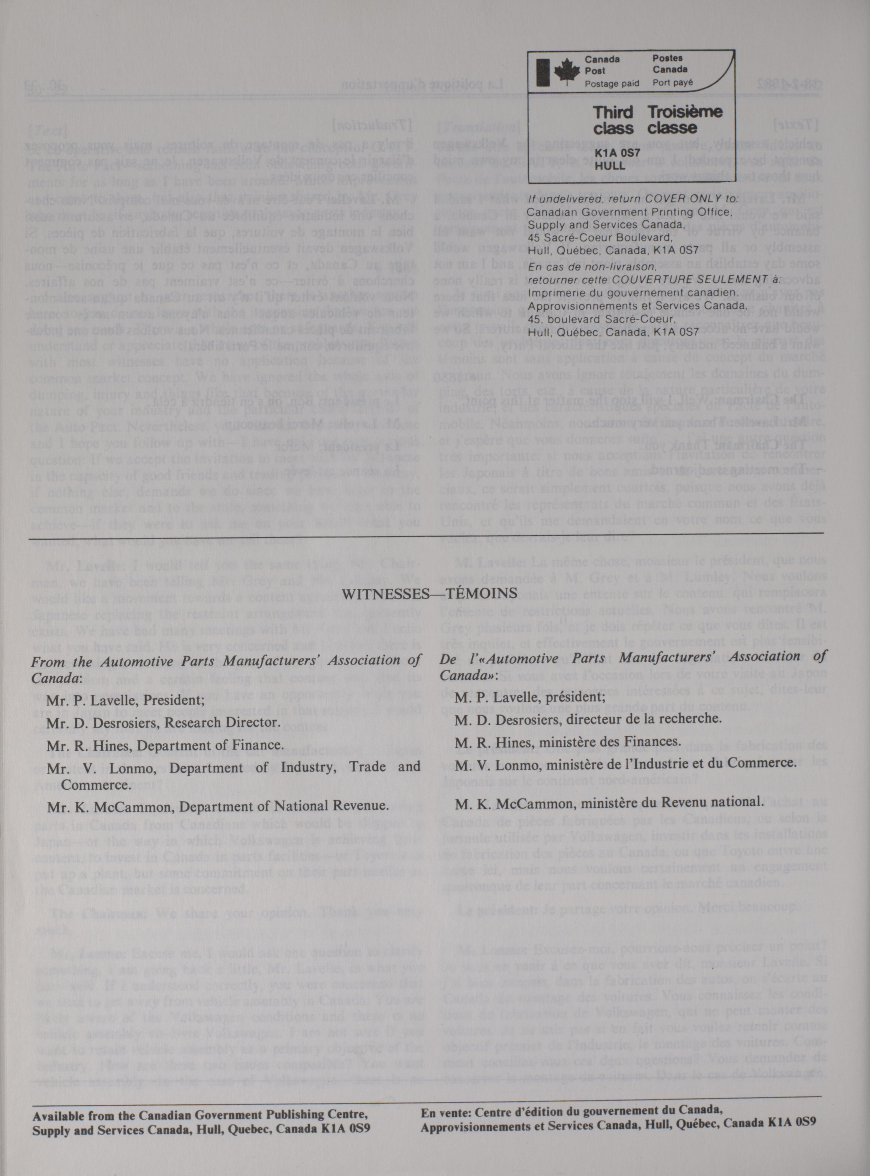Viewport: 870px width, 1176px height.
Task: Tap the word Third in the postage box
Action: pos(613,113)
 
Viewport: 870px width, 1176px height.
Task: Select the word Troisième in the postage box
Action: pos(685,113)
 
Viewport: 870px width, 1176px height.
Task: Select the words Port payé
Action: pos(672,82)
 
